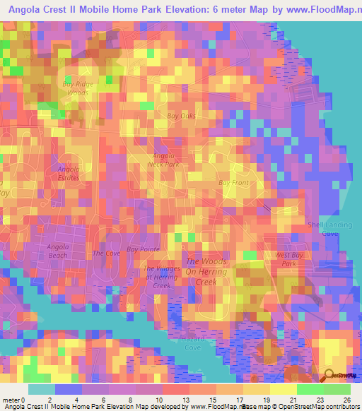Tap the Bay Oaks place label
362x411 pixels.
(x=182, y=116)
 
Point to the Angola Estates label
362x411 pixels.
(x=69, y=173)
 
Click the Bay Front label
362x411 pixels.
(x=233, y=183)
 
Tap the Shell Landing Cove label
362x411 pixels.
(x=330, y=229)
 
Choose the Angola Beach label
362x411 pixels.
(x=58, y=251)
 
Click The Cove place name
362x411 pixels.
(x=107, y=253)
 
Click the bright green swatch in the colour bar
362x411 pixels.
(x=310, y=390)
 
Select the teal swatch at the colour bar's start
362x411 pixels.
(x=42, y=390)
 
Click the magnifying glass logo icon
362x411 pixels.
(x=329, y=375)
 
